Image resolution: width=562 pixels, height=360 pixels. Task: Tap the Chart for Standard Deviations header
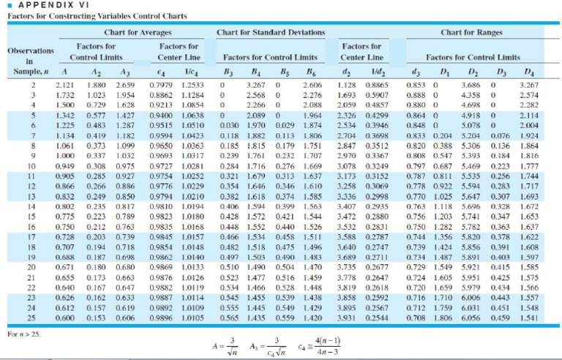pyautogui.click(x=271, y=32)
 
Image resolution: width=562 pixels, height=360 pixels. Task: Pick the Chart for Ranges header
pyautogui.click(x=470, y=32)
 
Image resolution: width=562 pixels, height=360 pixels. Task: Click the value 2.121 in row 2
pyautogui.click(x=64, y=86)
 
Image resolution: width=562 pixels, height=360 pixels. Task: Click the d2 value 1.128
pyautogui.click(x=347, y=86)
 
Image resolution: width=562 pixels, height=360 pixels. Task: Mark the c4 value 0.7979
pyautogui.click(x=161, y=86)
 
